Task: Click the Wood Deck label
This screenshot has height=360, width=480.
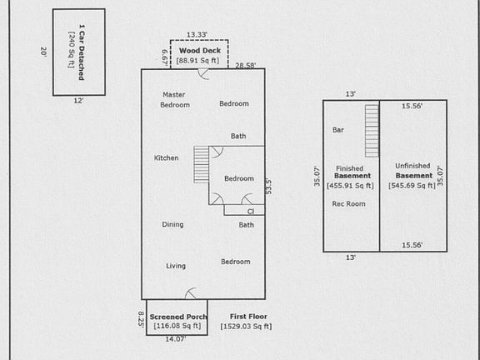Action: coord(200,51)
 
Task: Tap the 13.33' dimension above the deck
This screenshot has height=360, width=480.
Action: coord(197,35)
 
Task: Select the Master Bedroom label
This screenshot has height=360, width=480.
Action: coord(175,100)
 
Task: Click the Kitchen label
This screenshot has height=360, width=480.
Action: coord(166,158)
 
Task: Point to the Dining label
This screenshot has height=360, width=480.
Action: coord(172,225)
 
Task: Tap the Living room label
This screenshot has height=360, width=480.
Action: coord(176,266)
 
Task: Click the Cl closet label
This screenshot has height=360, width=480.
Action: coord(251,212)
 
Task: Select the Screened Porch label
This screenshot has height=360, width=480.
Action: coord(178,317)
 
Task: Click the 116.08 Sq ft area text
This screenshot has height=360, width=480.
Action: coord(177,326)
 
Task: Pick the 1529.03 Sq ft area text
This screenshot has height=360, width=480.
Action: coord(246,327)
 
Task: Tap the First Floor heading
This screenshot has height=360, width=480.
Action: coord(248,317)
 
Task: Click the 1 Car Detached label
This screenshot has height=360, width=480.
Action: coord(82,52)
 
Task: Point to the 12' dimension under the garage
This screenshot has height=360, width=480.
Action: coord(78,100)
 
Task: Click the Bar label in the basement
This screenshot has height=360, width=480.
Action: coord(338,130)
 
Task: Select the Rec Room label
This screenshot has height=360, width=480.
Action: coord(348,204)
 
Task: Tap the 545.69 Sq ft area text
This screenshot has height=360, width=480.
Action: coord(412,186)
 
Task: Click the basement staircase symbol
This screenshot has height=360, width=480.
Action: coord(372,131)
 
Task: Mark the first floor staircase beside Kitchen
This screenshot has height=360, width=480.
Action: coord(201,165)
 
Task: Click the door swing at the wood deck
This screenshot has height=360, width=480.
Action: coord(203,74)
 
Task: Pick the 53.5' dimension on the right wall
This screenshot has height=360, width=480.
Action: coord(268,187)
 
